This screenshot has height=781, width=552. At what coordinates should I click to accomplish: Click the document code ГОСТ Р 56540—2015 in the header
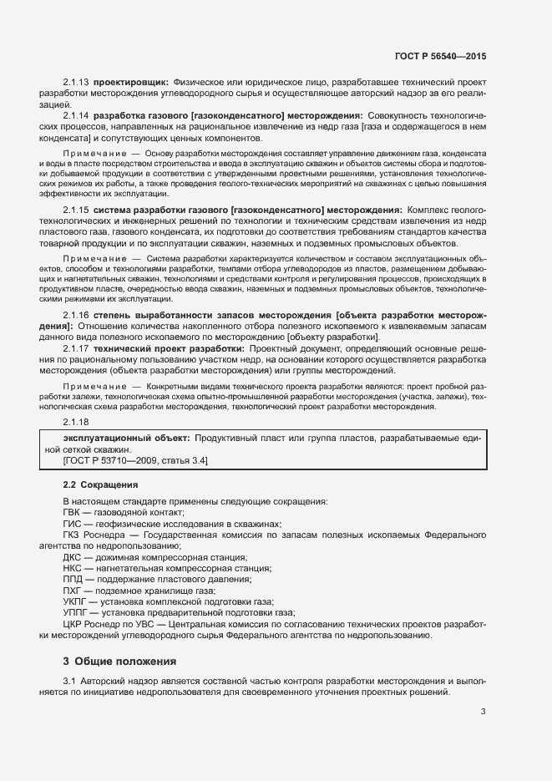pos(439,56)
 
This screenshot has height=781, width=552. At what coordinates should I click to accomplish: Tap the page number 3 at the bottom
pos(483,712)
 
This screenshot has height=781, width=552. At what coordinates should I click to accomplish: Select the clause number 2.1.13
pos(76,84)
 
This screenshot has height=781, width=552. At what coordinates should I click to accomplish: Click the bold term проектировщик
pos(130,84)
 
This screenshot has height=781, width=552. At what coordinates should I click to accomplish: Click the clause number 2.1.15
pos(76,209)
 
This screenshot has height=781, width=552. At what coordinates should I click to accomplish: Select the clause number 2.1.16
pos(76,314)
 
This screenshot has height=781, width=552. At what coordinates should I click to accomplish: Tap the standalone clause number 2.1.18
pos(76,422)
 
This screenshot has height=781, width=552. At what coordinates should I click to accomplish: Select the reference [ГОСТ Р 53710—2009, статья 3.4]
pos(135,460)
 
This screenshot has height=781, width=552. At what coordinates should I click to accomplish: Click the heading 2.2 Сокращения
pos(101,484)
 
